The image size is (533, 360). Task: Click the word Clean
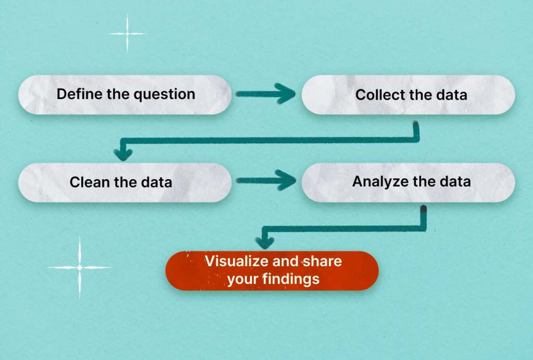[x=90, y=182]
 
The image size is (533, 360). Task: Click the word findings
[x=291, y=279]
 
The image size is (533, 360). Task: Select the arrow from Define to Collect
[x=265, y=94]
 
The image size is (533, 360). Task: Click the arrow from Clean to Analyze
[x=265, y=180]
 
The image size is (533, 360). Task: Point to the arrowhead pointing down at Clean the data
[x=123, y=154]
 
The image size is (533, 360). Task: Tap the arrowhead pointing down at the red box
[x=265, y=242]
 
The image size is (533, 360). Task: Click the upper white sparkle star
[x=128, y=34]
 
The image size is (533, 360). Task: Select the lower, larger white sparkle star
[x=80, y=268]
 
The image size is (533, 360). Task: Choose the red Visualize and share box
[x=272, y=271]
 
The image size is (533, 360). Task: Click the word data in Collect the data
[x=452, y=95]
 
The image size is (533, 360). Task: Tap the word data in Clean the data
[x=157, y=182]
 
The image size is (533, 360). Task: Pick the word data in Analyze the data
[x=455, y=181]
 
